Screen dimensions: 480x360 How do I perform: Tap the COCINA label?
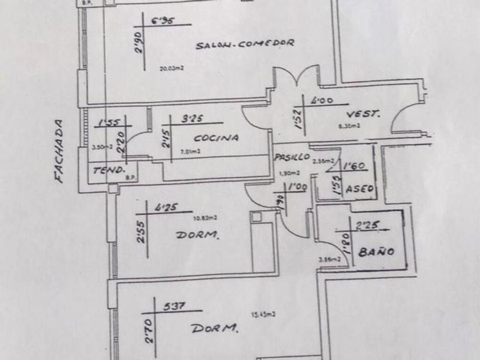(x=215, y=138)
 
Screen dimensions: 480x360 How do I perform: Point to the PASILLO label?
(x=291, y=157)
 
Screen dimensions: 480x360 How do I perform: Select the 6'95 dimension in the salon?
(x=162, y=22)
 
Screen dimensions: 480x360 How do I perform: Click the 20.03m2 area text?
(x=170, y=67)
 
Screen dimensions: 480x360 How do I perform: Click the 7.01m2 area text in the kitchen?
(x=190, y=151)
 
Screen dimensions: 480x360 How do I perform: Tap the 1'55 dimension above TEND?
(x=108, y=122)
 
